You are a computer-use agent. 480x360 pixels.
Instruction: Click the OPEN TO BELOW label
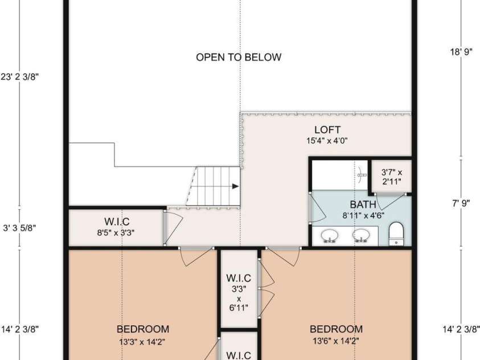click(239, 57)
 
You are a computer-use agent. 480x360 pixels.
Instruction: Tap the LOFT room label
click(327, 130)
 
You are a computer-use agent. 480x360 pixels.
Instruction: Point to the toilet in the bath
click(396, 234)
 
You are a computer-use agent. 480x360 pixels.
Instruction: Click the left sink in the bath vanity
click(329, 235)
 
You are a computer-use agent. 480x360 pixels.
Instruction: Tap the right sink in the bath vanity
click(360, 235)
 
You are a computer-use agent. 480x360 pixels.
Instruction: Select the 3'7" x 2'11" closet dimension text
click(392, 177)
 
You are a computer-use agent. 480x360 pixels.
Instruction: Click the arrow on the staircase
click(234, 186)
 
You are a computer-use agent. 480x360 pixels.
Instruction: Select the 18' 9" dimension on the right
click(461, 51)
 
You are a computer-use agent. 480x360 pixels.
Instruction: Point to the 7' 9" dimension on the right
click(461, 202)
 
